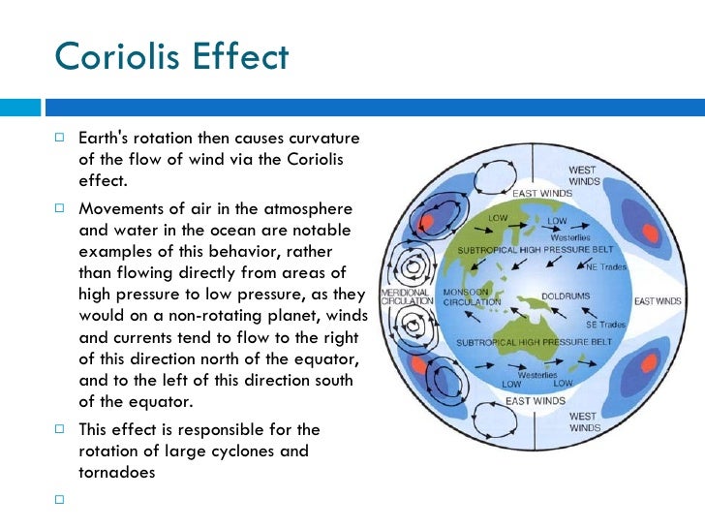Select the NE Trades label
coord(606,265)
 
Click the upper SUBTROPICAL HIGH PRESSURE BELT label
coord(524,249)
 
